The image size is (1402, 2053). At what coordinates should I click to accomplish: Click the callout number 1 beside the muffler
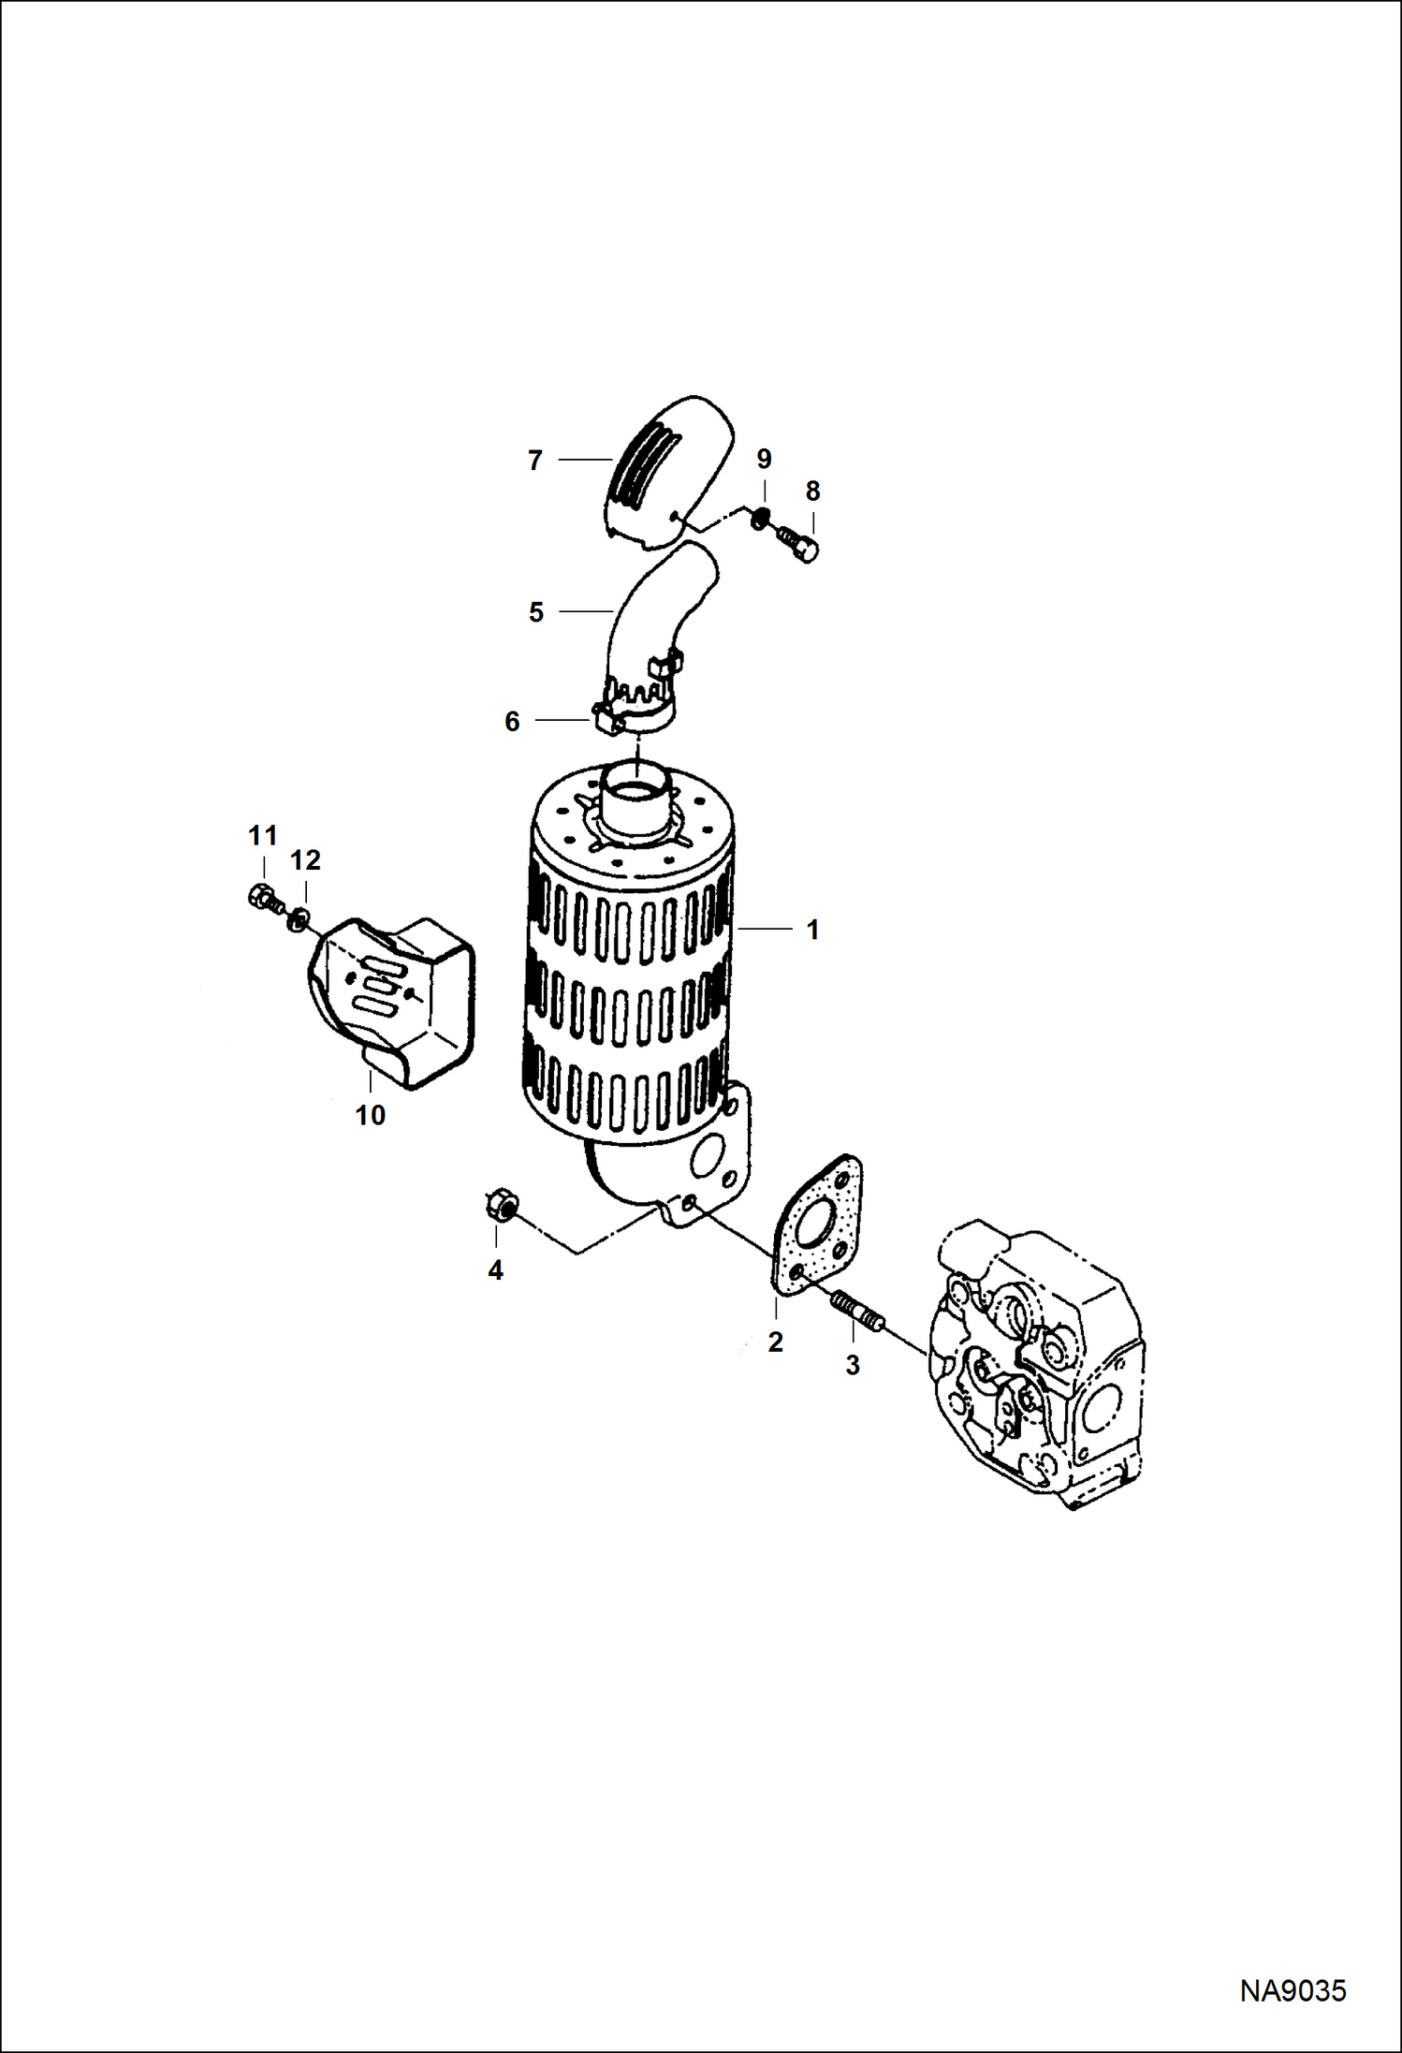812,930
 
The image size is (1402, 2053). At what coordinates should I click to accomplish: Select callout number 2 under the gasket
775,1342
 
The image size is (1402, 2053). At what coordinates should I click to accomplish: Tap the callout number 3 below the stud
852,1365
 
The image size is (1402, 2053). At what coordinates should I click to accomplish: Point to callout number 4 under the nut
495,1269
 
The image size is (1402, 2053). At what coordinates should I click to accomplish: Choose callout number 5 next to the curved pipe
535,612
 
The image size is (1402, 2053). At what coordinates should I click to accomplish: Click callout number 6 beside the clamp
512,721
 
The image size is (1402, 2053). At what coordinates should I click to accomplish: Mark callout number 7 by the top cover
534,460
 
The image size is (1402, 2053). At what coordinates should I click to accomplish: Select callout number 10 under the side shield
371,1115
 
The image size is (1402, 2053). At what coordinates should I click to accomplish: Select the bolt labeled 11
261,898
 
